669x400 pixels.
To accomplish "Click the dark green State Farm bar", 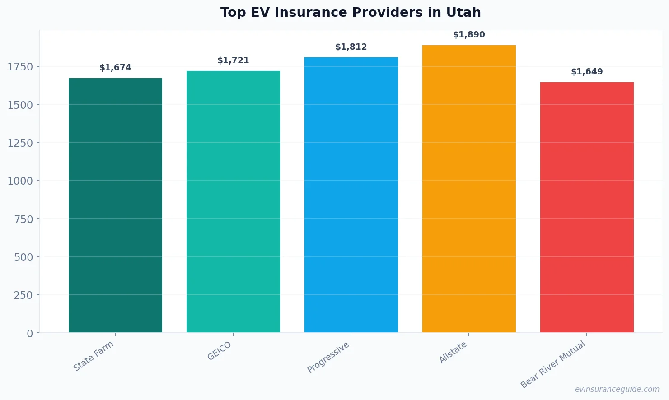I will click(115, 205).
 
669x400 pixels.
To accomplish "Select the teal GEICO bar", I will click(233, 202).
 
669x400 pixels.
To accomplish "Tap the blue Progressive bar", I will click(351, 195).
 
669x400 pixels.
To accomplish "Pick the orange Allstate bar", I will click(469, 189).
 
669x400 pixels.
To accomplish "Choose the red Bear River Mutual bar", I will click(587, 207).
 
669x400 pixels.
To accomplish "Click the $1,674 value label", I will click(115, 68).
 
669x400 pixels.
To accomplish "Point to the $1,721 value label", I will click(233, 60).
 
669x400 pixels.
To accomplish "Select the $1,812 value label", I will click(351, 47).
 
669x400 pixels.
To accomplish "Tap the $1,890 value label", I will click(469, 35).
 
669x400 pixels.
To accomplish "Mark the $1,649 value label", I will click(587, 72).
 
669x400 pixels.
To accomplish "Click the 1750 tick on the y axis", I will click(20, 67).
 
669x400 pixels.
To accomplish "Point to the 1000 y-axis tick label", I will click(20, 181).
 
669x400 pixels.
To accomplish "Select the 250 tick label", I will click(23, 295).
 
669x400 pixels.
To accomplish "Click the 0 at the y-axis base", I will click(30, 334).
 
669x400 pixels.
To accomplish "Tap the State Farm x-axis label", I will click(94, 356).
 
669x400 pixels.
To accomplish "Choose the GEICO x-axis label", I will click(220, 351).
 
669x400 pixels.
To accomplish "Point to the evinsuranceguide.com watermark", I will click(617, 389).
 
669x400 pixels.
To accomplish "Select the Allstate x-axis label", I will click(453, 352).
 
